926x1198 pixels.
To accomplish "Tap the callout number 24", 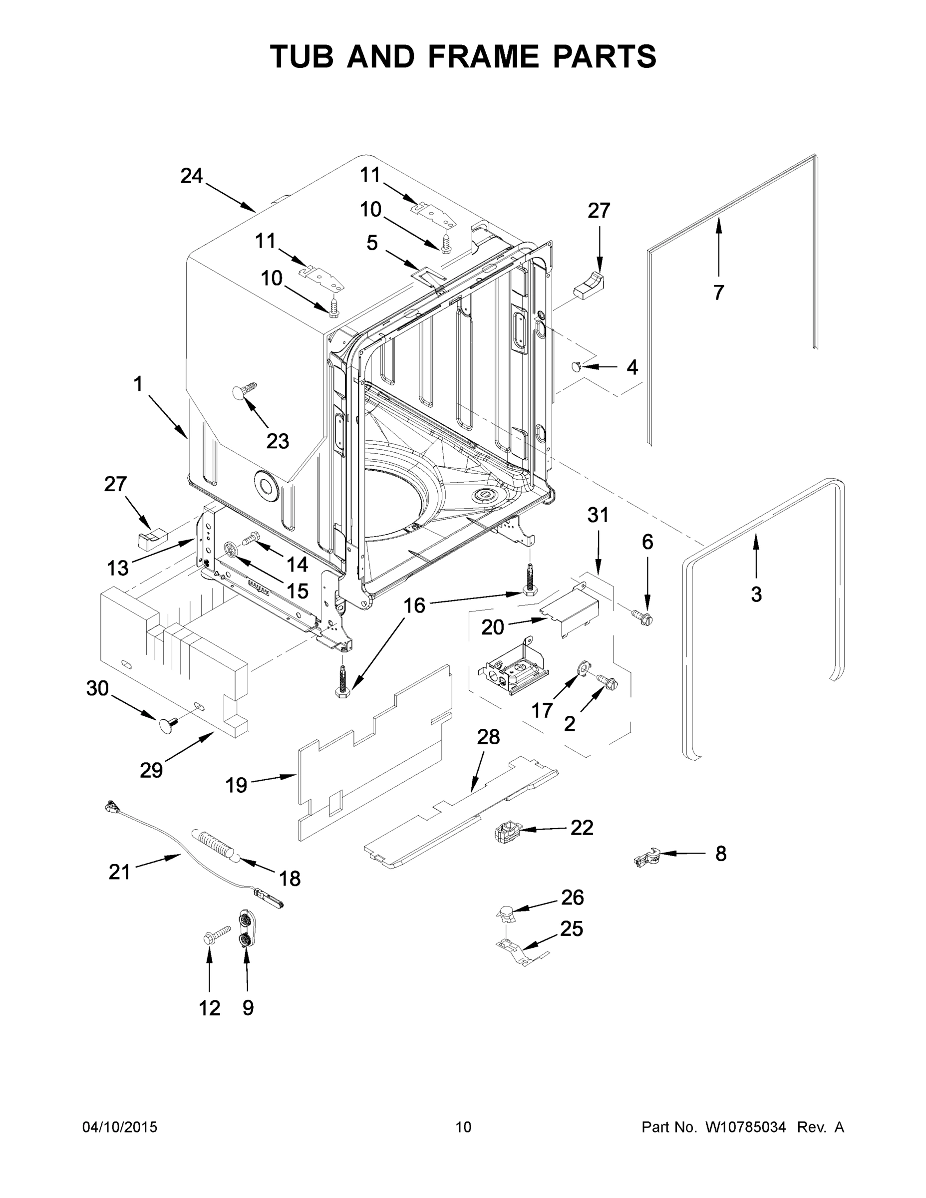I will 192,176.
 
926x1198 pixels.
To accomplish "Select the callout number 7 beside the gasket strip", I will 719,293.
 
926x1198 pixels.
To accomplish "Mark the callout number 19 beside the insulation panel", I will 237,786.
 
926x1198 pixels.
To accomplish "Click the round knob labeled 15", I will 232,549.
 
